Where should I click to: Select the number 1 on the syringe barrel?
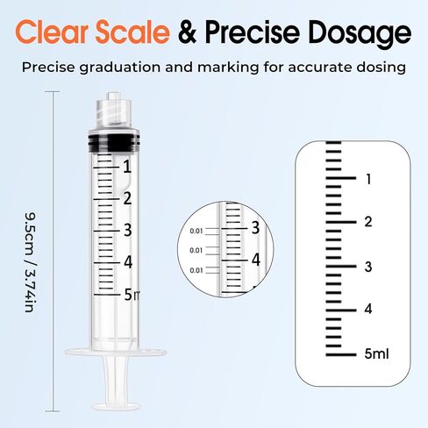[127, 167]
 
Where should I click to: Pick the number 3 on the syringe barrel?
[127, 230]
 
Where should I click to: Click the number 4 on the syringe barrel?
[127, 261]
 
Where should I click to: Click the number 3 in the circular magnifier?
[255, 228]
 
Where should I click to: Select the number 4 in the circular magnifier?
[255, 260]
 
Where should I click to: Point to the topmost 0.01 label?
[196, 232]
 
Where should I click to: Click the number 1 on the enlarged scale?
[369, 178]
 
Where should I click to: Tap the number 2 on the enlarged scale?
[369, 222]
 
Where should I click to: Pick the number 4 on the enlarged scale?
[369, 310]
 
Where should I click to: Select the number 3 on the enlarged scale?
[369, 266]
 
